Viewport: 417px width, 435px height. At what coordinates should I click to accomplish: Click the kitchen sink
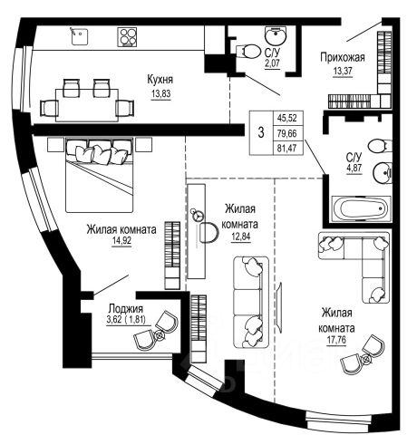coord(80,36)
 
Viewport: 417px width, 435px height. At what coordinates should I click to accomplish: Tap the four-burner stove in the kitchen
coord(127,37)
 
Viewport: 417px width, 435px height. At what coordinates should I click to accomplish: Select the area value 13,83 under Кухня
coord(160,93)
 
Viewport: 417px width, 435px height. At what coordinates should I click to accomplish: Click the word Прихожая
coord(343,57)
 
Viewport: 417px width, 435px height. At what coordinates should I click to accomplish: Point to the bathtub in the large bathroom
coord(362,208)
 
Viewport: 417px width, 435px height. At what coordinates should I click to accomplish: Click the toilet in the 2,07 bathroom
coord(248,52)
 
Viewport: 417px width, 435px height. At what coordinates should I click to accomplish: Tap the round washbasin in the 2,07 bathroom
coord(276,36)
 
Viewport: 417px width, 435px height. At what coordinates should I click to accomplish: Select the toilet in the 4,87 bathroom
coord(380,146)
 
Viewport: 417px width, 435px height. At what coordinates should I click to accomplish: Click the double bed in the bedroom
coord(100,175)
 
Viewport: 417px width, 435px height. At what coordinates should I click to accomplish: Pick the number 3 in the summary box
coord(261,132)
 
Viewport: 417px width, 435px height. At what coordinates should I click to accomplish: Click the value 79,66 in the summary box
coord(287,133)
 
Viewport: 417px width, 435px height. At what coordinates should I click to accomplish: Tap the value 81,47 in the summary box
coord(287,149)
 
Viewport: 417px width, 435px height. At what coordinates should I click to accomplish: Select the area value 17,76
coord(336,341)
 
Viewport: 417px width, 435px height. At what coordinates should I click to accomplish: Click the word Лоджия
coord(126,309)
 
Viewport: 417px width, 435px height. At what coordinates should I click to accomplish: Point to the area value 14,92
coord(121,241)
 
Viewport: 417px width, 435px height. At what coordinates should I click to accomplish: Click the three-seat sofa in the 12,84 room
coord(251,302)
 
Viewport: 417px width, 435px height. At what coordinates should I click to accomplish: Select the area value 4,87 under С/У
coord(354,168)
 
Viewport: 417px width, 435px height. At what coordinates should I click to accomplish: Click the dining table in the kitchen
coord(87,105)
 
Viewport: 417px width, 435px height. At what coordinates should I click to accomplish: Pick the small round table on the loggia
coord(160,334)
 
